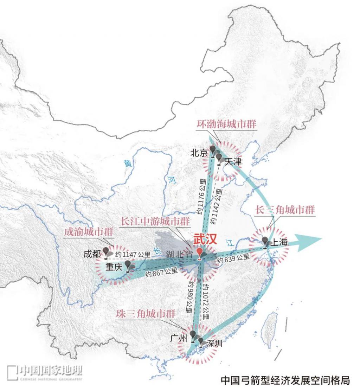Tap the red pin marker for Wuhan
200,254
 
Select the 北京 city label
199,153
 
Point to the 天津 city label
233,162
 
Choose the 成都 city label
92,254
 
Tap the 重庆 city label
114,267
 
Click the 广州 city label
179,338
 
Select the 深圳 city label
214,344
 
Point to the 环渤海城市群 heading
227,124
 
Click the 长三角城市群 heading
285,210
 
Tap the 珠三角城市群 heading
146,314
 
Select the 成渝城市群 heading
89,232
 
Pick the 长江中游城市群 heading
156,222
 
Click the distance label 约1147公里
133,255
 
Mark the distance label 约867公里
162,272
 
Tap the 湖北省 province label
180,254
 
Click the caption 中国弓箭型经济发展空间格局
285,380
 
